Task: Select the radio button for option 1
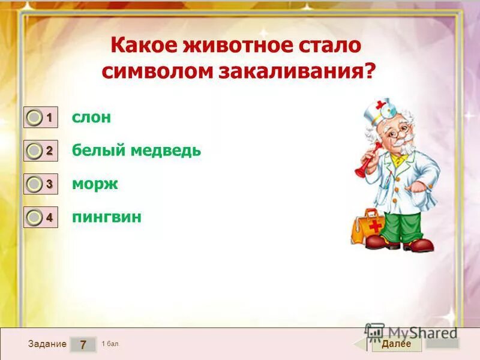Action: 35,118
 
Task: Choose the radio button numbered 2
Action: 35,151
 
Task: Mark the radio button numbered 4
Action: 35,218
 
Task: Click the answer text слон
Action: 91,118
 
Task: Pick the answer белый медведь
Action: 136,151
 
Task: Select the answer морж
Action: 95,184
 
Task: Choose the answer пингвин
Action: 107,217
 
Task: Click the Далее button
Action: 395,344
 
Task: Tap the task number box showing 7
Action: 83,344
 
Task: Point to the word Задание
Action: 47,344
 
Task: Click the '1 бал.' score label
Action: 110,344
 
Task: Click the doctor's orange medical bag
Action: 366,226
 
